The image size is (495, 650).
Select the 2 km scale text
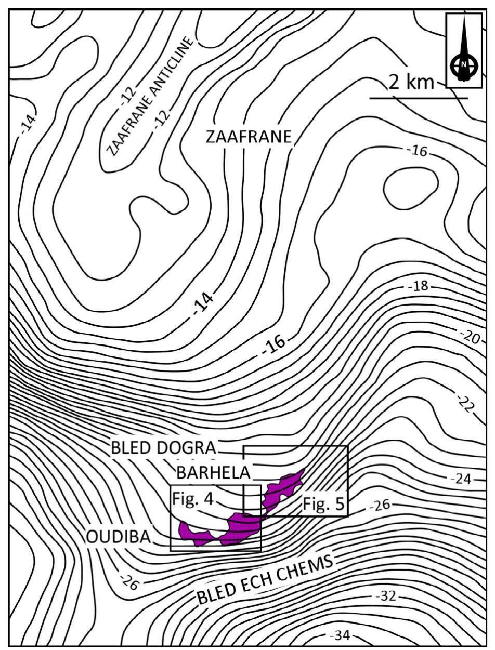tap(411, 82)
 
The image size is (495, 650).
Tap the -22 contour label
tap(465, 403)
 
